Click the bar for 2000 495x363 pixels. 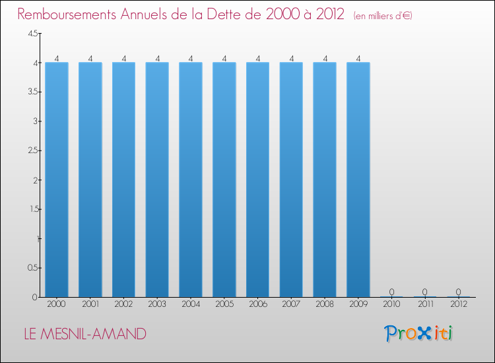(x=57, y=180)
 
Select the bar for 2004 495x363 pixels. (x=191, y=180)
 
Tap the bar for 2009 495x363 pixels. (x=358, y=180)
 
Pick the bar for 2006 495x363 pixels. (x=258, y=180)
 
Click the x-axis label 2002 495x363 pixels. (x=123, y=304)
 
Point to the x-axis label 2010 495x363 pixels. (x=391, y=304)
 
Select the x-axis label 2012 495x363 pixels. (x=459, y=304)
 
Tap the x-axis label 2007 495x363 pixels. (x=291, y=304)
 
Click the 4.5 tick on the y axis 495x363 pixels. (x=33, y=34)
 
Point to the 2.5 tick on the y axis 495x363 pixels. (x=33, y=150)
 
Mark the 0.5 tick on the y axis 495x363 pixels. (x=33, y=268)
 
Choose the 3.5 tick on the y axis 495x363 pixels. (x=33, y=92)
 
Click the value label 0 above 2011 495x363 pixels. (x=425, y=292)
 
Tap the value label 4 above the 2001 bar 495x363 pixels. (x=90, y=58)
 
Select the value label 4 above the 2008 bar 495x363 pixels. (x=325, y=58)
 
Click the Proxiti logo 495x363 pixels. (x=418, y=333)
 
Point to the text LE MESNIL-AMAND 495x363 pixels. (x=85, y=334)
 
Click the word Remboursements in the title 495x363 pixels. (x=67, y=15)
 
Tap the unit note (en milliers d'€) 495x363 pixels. (x=383, y=16)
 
